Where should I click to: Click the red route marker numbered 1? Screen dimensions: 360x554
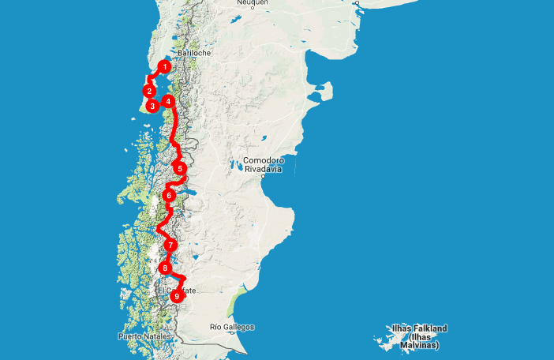pyautogui.click(x=164, y=67)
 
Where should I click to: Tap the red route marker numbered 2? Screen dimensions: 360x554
pyautogui.click(x=149, y=91)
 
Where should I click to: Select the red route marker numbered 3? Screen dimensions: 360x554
pyautogui.click(x=152, y=106)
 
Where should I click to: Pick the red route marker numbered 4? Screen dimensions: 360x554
pyautogui.click(x=168, y=102)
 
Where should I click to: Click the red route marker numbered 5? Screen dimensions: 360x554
pyautogui.click(x=180, y=168)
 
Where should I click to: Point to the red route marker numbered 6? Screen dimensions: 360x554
pyautogui.click(x=169, y=195)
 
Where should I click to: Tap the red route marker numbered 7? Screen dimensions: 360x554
pyautogui.click(x=170, y=246)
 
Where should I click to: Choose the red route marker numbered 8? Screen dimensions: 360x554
pyautogui.click(x=165, y=268)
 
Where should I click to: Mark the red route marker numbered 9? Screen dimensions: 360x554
pyautogui.click(x=177, y=296)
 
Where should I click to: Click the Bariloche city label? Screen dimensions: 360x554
pyautogui.click(x=194, y=53)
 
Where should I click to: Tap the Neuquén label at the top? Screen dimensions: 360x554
pyautogui.click(x=252, y=3)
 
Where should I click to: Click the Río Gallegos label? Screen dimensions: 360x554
pyautogui.click(x=232, y=327)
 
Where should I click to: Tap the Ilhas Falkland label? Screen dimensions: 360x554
pyautogui.click(x=419, y=328)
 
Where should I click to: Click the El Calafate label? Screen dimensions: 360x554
pyautogui.click(x=177, y=291)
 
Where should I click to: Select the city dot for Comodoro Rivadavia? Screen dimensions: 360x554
pyautogui.click(x=261, y=177)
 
